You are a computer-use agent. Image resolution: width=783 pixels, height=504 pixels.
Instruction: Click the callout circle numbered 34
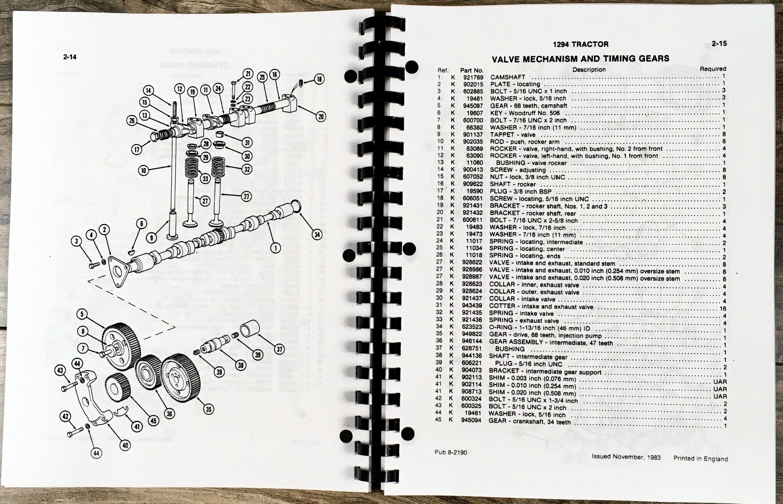coord(317,234)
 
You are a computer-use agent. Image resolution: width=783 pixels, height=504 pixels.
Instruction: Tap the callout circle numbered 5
coord(82,314)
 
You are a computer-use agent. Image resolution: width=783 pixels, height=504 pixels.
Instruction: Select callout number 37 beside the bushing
coord(279,349)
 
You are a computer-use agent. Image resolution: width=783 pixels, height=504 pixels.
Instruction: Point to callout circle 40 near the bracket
coord(125,445)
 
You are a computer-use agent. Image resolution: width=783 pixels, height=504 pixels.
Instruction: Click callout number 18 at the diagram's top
coord(319,79)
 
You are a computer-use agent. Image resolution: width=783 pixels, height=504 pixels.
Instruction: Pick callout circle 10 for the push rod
coord(144,170)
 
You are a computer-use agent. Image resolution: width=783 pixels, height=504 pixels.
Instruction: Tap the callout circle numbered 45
coord(154,420)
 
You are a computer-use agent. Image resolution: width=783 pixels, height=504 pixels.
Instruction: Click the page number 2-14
coord(70,57)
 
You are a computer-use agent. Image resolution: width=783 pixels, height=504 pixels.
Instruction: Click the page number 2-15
coord(719,44)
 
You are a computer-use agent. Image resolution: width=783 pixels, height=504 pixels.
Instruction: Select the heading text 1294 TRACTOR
coord(580,45)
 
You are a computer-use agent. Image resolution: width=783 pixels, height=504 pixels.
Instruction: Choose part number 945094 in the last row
coord(472,420)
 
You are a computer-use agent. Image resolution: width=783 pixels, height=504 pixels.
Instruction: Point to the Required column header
coord(713,69)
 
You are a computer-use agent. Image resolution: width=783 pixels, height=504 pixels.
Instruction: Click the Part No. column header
coord(472,71)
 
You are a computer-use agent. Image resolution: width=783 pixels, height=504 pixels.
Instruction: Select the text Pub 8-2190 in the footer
coord(451,453)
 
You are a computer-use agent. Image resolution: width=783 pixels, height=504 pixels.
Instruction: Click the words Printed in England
coord(700,459)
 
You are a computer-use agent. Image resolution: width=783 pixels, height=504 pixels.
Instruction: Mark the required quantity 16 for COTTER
coord(722,309)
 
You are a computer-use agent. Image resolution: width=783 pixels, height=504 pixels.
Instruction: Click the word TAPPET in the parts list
coord(502,135)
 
